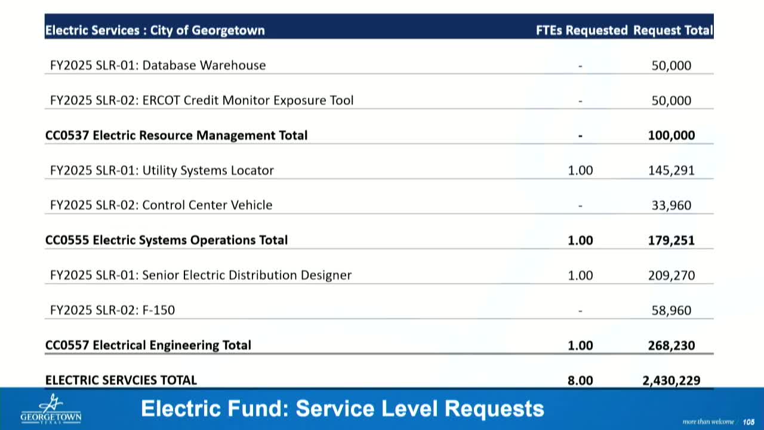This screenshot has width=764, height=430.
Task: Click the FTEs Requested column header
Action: (581, 30)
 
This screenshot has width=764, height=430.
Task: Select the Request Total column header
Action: (673, 30)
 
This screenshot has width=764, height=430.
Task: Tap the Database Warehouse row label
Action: (158, 65)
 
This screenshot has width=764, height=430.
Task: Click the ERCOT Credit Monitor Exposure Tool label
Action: (202, 100)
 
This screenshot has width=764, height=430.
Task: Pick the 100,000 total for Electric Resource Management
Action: (671, 136)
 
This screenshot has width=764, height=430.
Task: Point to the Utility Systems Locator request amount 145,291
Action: (671, 170)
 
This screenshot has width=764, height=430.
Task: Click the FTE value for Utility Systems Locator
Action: (580, 170)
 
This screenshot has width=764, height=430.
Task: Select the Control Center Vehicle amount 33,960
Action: (671, 205)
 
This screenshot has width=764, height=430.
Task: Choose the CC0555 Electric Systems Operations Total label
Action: (167, 240)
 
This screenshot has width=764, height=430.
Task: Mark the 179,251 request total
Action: (671, 240)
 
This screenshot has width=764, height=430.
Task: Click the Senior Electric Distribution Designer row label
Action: (201, 275)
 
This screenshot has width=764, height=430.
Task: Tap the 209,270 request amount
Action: (671, 275)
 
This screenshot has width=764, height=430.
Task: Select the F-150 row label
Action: (112, 310)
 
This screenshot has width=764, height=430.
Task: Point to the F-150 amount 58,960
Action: (671, 310)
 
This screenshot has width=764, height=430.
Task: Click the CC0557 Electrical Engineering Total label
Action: (148, 345)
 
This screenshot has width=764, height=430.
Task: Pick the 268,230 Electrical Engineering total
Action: (671, 345)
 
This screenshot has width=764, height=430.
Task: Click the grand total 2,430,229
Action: (671, 380)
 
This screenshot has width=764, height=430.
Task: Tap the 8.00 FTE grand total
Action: (580, 380)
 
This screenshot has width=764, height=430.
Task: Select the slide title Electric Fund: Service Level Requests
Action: (343, 409)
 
